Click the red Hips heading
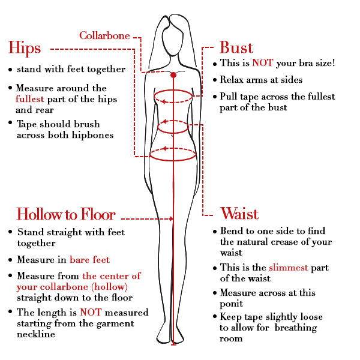(25, 48)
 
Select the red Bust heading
(236, 48)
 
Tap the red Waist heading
(239, 214)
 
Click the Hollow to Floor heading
(66, 215)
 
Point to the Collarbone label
(104, 36)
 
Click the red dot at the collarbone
(173, 75)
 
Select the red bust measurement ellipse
(173, 96)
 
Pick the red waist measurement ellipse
(173, 127)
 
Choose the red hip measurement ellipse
(173, 154)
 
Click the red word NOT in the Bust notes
(262, 63)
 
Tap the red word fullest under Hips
(31, 99)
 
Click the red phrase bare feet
(89, 260)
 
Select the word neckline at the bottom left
(36, 334)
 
